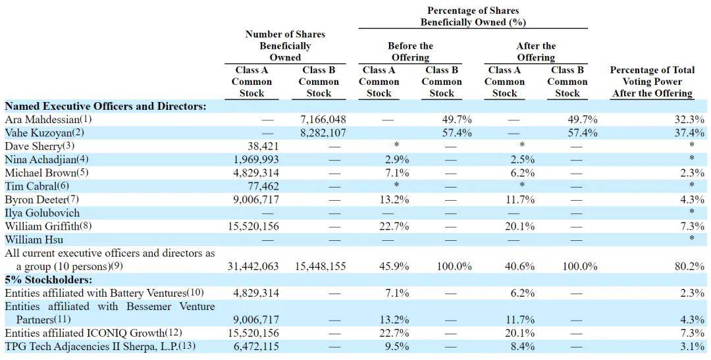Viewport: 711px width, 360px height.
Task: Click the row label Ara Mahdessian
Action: coord(49,120)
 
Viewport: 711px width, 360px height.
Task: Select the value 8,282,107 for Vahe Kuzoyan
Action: coord(323,133)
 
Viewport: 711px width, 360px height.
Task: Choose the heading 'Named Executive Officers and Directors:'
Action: coord(105,107)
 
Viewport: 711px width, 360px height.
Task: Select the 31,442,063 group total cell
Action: coord(253,266)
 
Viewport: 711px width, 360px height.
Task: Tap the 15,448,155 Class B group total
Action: coord(320,266)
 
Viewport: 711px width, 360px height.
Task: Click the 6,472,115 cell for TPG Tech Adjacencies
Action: coord(256,347)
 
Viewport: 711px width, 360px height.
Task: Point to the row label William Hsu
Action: coord(34,240)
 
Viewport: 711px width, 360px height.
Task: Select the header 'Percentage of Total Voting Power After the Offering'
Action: coord(652,82)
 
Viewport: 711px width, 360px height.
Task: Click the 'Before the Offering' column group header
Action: coord(410,52)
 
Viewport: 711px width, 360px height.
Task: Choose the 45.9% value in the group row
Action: coord(394,266)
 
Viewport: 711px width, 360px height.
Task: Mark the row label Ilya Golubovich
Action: coord(42,213)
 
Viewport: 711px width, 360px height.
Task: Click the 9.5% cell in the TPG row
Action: coord(398,347)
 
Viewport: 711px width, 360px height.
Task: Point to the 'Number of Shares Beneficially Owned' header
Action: coord(285,46)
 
